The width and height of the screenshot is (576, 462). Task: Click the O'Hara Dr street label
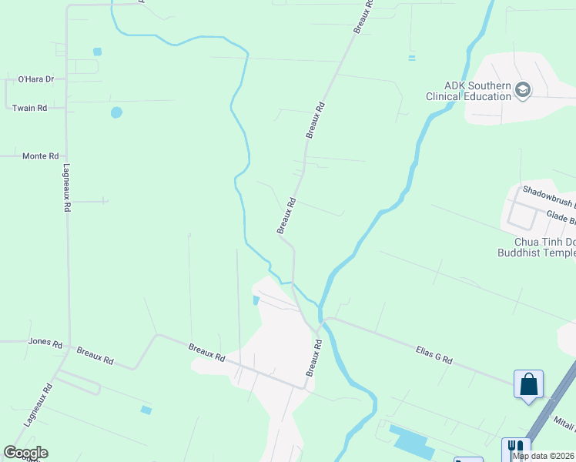pyautogui.click(x=35, y=79)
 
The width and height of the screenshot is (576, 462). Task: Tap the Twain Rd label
pyautogui.click(x=29, y=108)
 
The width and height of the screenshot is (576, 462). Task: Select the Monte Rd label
pyautogui.click(x=40, y=156)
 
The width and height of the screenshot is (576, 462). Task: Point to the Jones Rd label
pyautogui.click(x=45, y=342)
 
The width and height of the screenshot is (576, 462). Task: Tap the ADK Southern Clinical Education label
pyautogui.click(x=468, y=91)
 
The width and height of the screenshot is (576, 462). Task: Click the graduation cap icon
pyautogui.click(x=524, y=90)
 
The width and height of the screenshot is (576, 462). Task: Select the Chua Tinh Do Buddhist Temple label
pyautogui.click(x=536, y=246)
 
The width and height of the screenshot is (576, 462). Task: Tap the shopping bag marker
pyautogui.click(x=529, y=383)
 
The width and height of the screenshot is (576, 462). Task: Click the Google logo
pyautogui.click(x=25, y=453)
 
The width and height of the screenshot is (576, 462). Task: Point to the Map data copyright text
pyautogui.click(x=544, y=456)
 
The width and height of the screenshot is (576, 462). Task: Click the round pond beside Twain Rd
pyautogui.click(x=116, y=112)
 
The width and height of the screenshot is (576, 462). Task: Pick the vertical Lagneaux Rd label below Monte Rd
pyautogui.click(x=67, y=188)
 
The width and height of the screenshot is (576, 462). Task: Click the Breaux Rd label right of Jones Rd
pyautogui.click(x=95, y=355)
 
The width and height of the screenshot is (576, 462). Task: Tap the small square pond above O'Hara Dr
pyautogui.click(x=97, y=52)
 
